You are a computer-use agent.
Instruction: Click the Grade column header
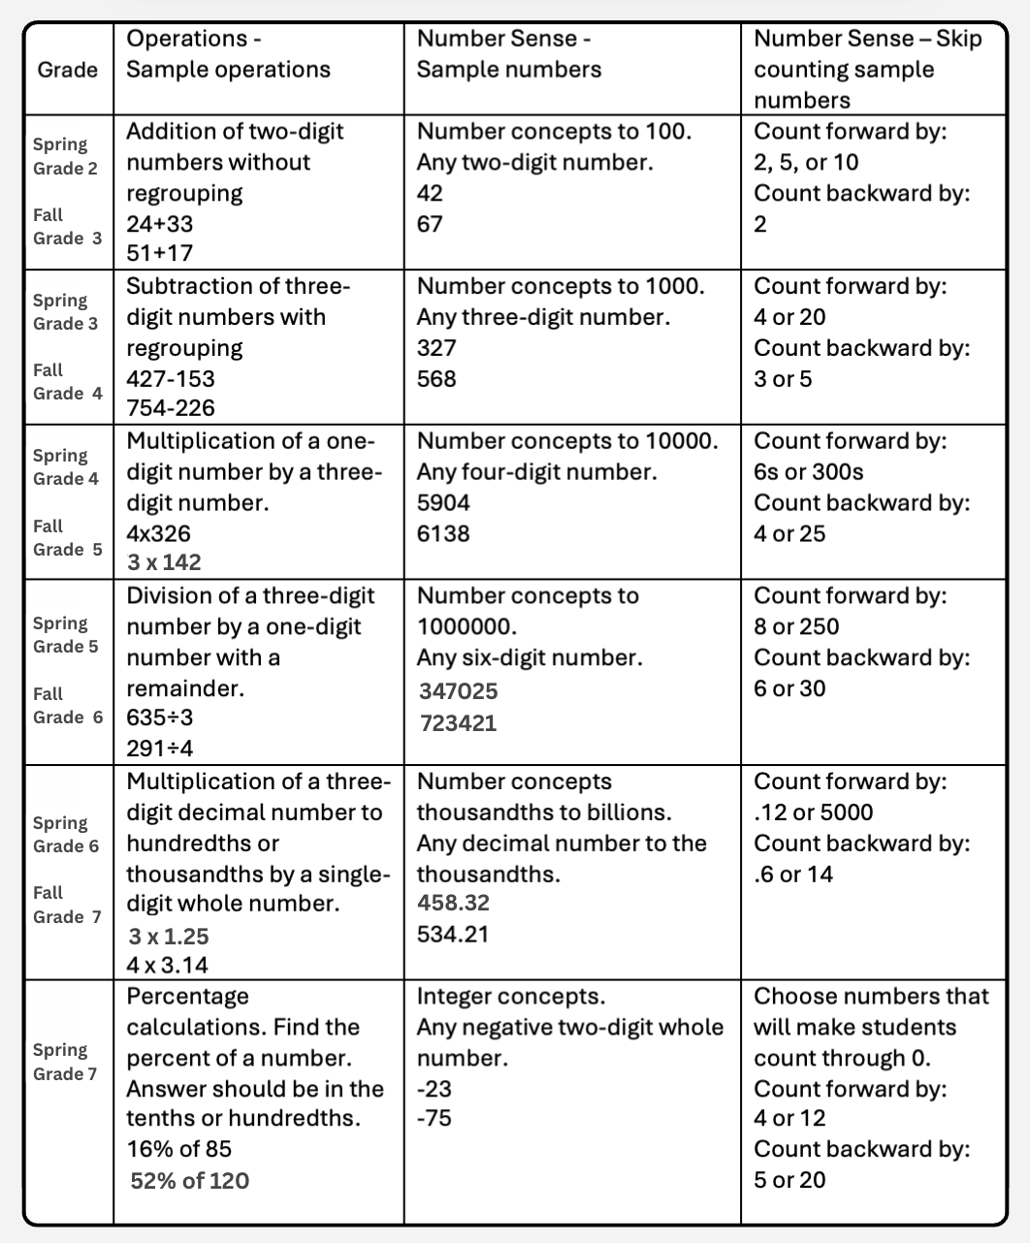click(67, 70)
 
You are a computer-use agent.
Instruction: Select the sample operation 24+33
click(160, 224)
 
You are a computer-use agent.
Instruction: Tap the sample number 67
click(430, 224)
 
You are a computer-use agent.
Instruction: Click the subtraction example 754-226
click(171, 408)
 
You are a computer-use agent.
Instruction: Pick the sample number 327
click(436, 348)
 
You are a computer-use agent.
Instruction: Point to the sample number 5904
click(443, 503)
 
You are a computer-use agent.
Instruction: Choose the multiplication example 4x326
click(159, 534)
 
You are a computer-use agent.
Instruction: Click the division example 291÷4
click(160, 749)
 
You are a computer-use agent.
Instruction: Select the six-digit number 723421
click(458, 722)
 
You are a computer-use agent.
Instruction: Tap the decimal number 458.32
click(453, 903)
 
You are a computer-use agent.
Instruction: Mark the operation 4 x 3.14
click(168, 965)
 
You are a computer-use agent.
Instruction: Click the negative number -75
click(434, 1118)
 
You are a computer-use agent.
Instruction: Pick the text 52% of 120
click(189, 1181)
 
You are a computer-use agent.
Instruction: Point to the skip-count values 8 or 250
click(796, 626)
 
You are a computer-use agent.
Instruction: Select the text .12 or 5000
click(813, 813)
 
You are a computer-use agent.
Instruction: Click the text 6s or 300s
click(808, 472)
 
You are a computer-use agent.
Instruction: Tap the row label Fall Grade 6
click(67, 706)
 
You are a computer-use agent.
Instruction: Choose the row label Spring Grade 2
click(65, 156)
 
